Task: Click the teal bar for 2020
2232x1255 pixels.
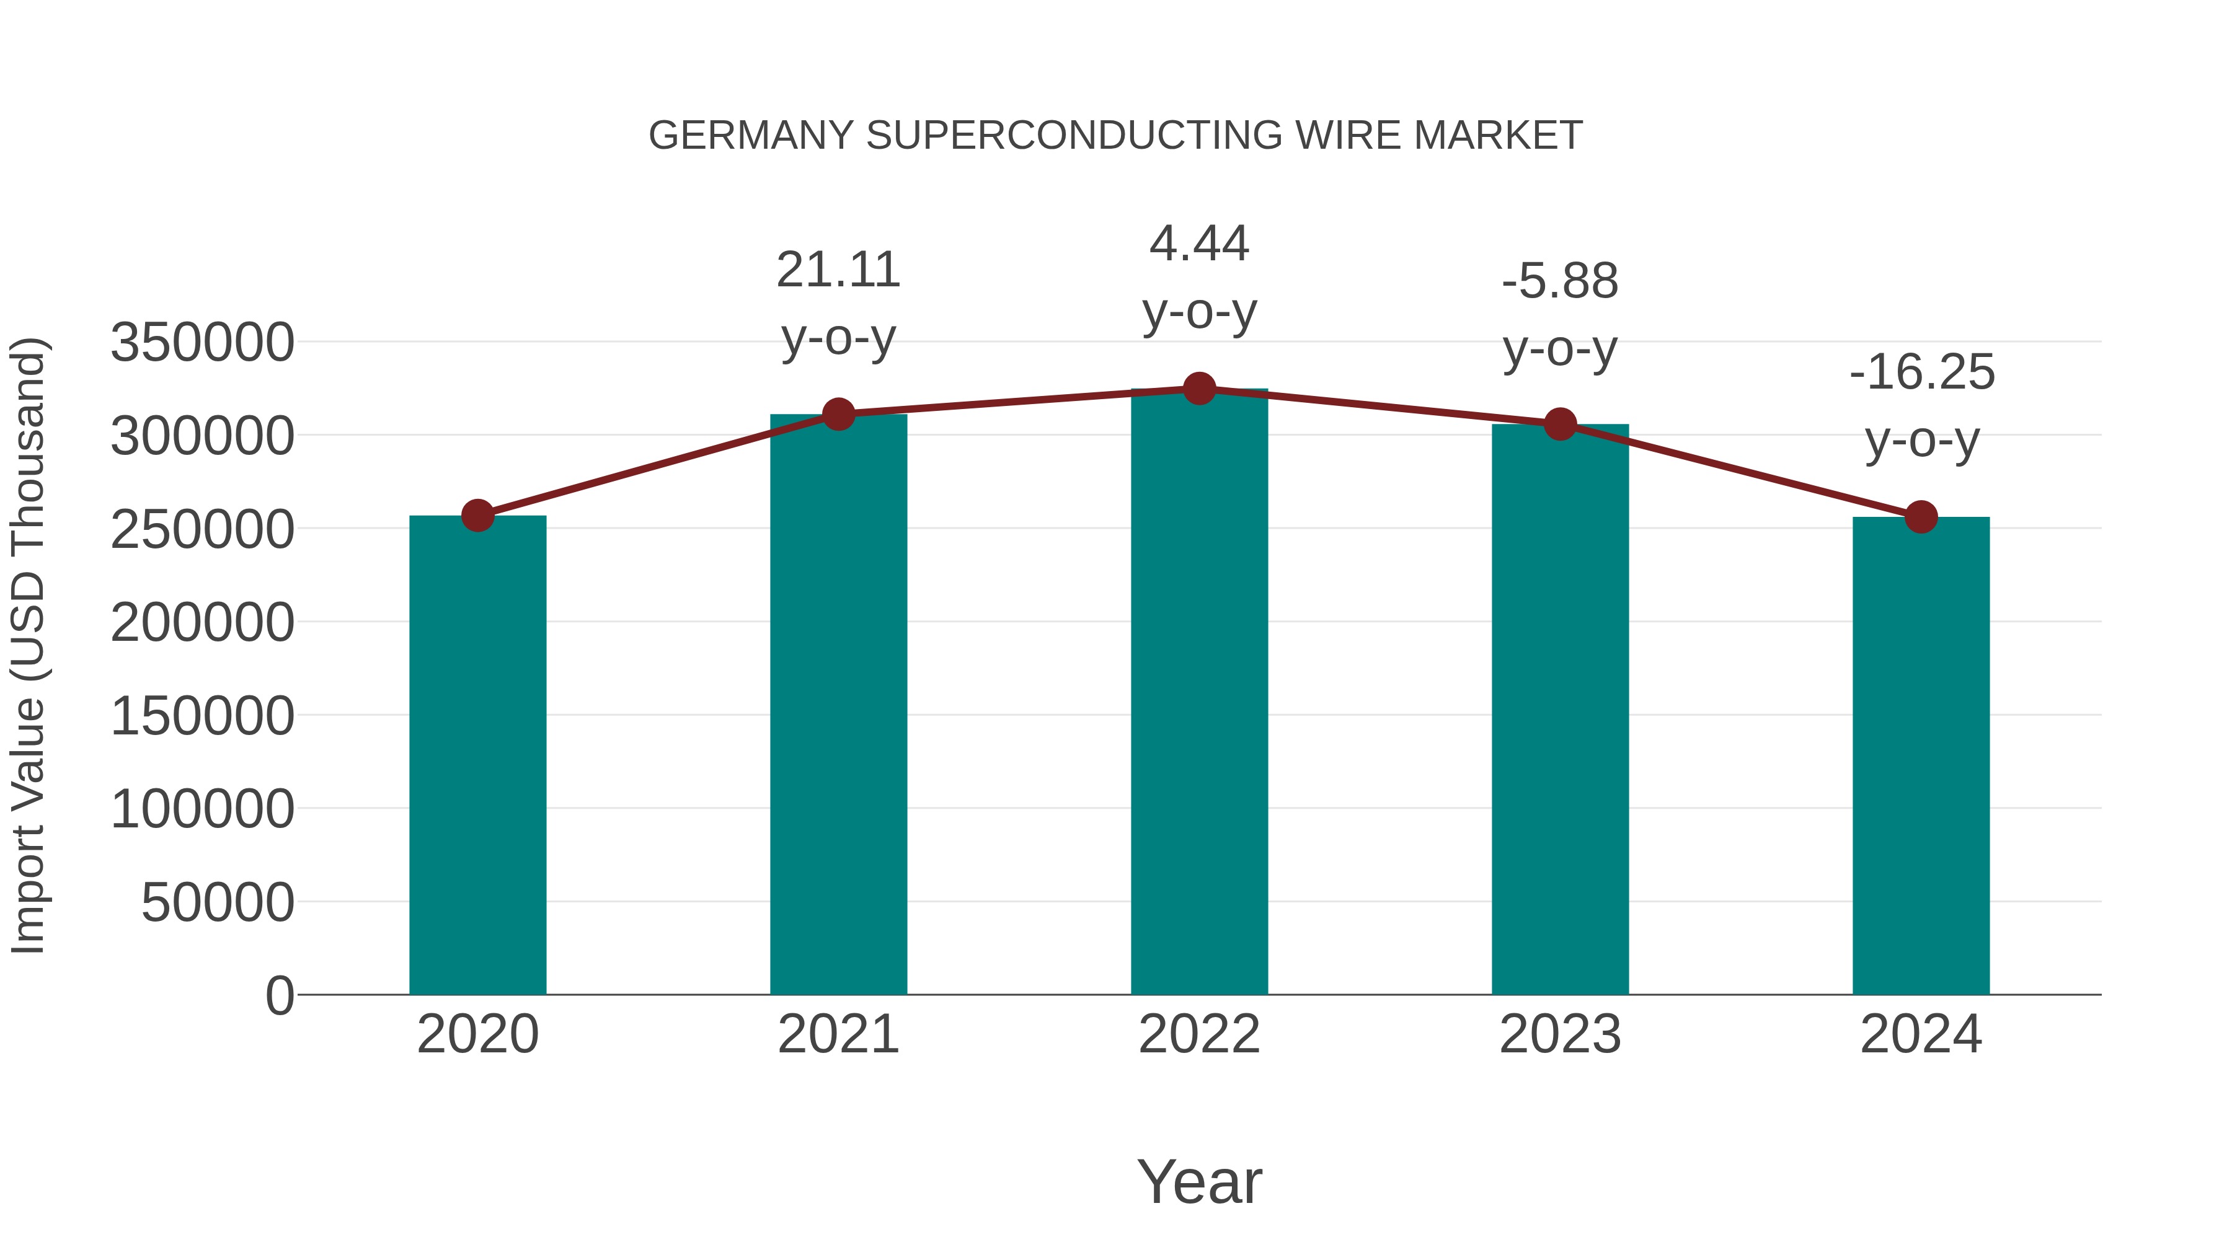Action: point(477,754)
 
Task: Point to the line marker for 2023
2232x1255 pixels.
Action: point(1560,425)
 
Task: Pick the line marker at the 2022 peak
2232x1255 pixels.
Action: point(1199,389)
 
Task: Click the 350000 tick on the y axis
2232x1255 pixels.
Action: point(203,342)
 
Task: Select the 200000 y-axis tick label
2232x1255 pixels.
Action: point(203,622)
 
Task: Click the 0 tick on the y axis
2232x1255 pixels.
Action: point(280,995)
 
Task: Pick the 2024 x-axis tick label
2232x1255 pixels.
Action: point(1921,1034)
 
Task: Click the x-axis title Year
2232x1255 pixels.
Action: point(1199,1181)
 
